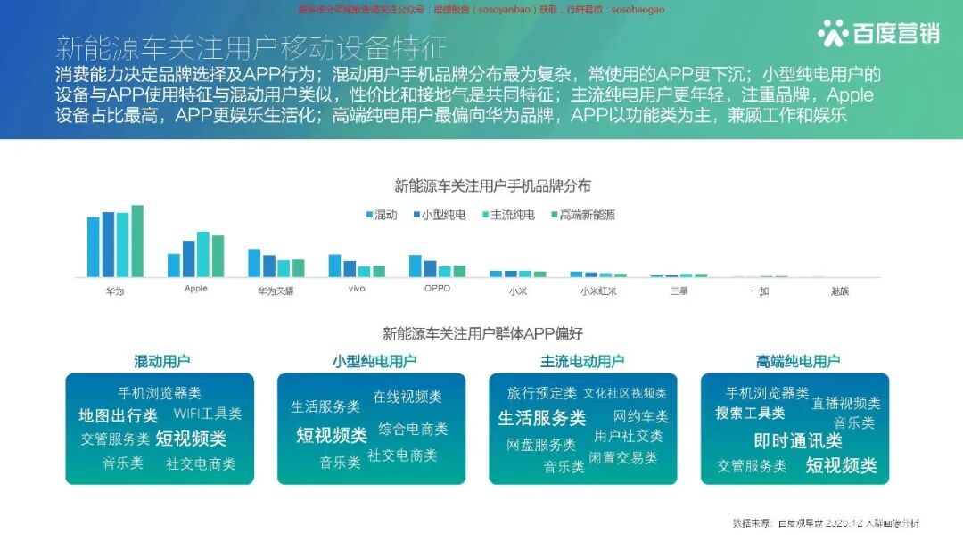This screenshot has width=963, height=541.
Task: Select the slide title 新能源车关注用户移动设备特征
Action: (251, 46)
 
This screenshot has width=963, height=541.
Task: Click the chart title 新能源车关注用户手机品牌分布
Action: (492, 186)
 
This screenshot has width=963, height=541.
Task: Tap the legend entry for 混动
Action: (381, 215)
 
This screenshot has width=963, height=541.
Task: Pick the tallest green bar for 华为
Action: (137, 241)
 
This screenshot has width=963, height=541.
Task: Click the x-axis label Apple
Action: (195, 289)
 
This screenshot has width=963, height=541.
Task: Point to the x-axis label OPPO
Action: (437, 289)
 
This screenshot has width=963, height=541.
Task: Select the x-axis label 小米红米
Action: (597, 291)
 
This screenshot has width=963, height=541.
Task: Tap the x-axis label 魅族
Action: (839, 291)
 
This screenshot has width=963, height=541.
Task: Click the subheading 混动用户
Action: (161, 361)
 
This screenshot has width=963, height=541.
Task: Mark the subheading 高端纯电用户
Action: (797, 361)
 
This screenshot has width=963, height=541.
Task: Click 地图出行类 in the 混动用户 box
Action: (118, 415)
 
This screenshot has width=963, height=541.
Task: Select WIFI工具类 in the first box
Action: (207, 414)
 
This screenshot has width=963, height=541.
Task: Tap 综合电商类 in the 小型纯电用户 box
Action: (413, 429)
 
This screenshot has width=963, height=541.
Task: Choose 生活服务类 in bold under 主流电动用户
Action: (541, 418)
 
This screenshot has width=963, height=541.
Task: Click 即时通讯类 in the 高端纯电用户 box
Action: (797, 441)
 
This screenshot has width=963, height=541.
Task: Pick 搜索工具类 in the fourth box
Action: (750, 414)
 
